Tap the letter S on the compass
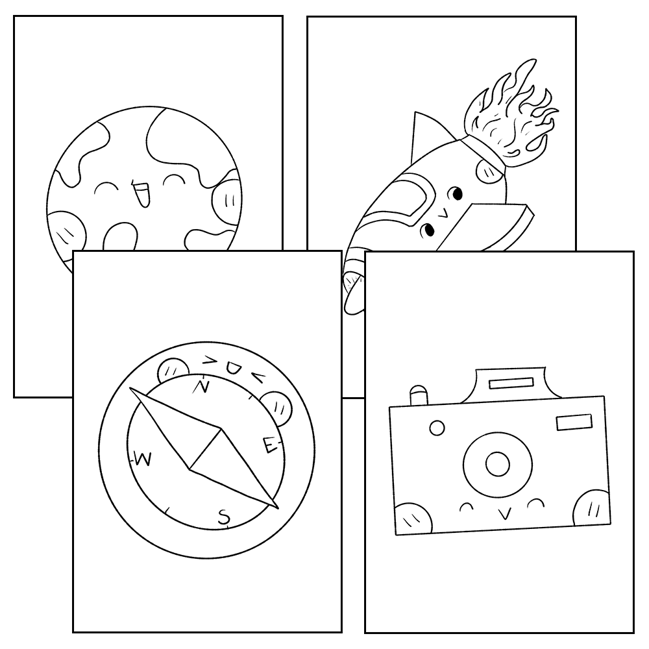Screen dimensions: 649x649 pyautogui.click(x=223, y=517)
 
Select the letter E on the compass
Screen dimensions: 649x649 pyautogui.click(x=269, y=445)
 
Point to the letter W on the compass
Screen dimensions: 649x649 pyautogui.click(x=143, y=459)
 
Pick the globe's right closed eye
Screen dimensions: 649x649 pyautogui.click(x=174, y=182)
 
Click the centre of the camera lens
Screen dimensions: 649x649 pyautogui.click(x=498, y=463)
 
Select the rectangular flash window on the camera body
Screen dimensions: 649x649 pyautogui.click(x=574, y=423)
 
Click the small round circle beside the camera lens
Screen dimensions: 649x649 pyautogui.click(x=437, y=428)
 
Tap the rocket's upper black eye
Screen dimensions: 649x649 pyautogui.click(x=457, y=193)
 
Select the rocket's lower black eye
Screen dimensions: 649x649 pyautogui.click(x=428, y=230)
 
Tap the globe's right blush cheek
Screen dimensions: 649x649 pyautogui.click(x=227, y=197)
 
